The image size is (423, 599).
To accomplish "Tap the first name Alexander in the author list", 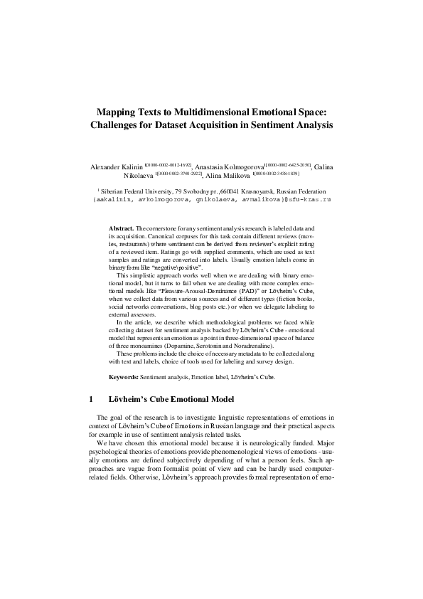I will [x=106, y=167].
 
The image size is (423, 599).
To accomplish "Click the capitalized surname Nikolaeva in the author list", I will [x=141, y=176].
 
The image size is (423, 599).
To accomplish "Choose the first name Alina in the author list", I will [x=218, y=176].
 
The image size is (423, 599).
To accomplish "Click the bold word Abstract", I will [x=122, y=226].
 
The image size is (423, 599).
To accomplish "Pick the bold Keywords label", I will [x=124, y=376].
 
